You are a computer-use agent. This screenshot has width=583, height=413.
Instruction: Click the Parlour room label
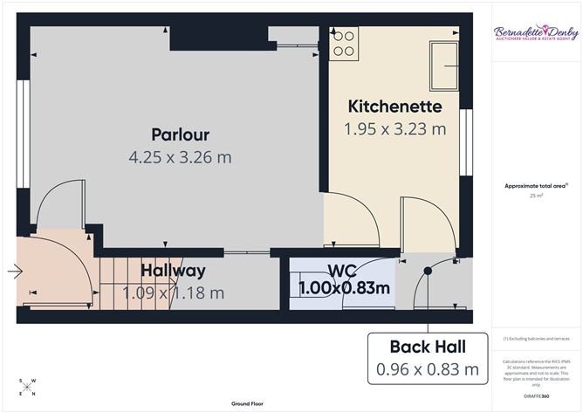180,134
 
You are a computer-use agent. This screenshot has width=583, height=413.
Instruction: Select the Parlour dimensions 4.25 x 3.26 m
180,158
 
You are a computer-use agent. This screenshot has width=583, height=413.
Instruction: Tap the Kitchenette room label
394,107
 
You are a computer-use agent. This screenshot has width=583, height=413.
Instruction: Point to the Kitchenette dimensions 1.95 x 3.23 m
394,129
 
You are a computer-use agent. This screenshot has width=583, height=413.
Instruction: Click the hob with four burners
344,44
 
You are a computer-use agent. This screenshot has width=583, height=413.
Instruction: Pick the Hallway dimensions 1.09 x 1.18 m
174,293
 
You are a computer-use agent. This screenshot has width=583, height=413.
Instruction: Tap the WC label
342,270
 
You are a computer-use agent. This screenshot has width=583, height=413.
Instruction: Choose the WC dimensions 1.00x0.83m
344,287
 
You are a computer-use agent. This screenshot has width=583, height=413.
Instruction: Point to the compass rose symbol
27,387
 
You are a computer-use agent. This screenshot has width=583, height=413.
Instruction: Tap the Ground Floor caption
248,404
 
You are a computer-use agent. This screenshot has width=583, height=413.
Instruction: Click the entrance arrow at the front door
15,272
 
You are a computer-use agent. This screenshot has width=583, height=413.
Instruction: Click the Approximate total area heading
536,185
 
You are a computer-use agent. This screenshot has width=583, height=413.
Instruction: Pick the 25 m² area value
536,196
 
